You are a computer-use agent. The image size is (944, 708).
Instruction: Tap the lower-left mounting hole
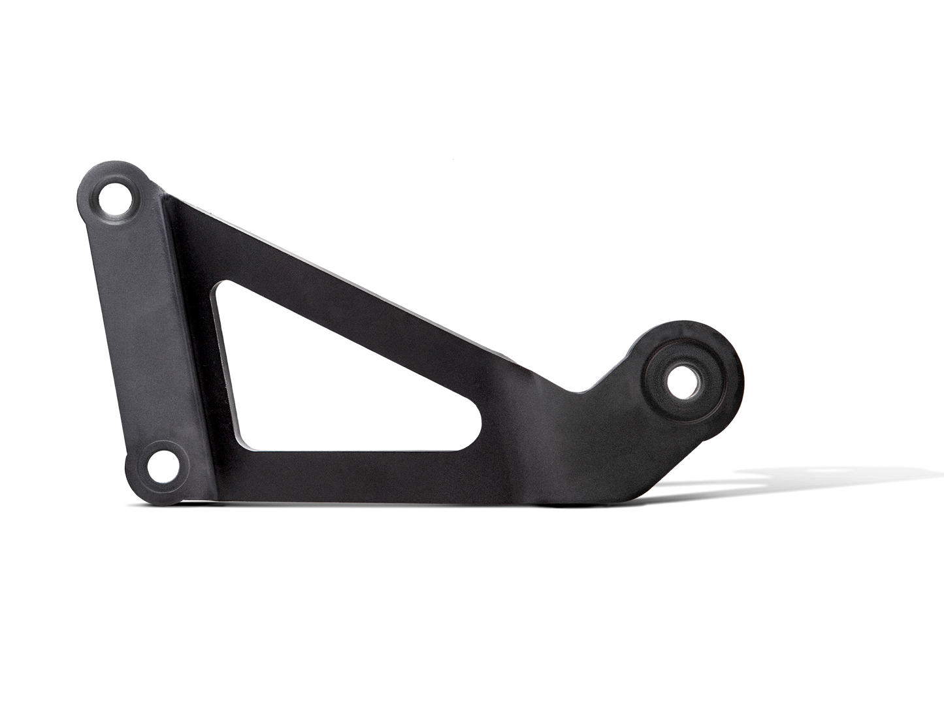[x=161, y=466]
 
